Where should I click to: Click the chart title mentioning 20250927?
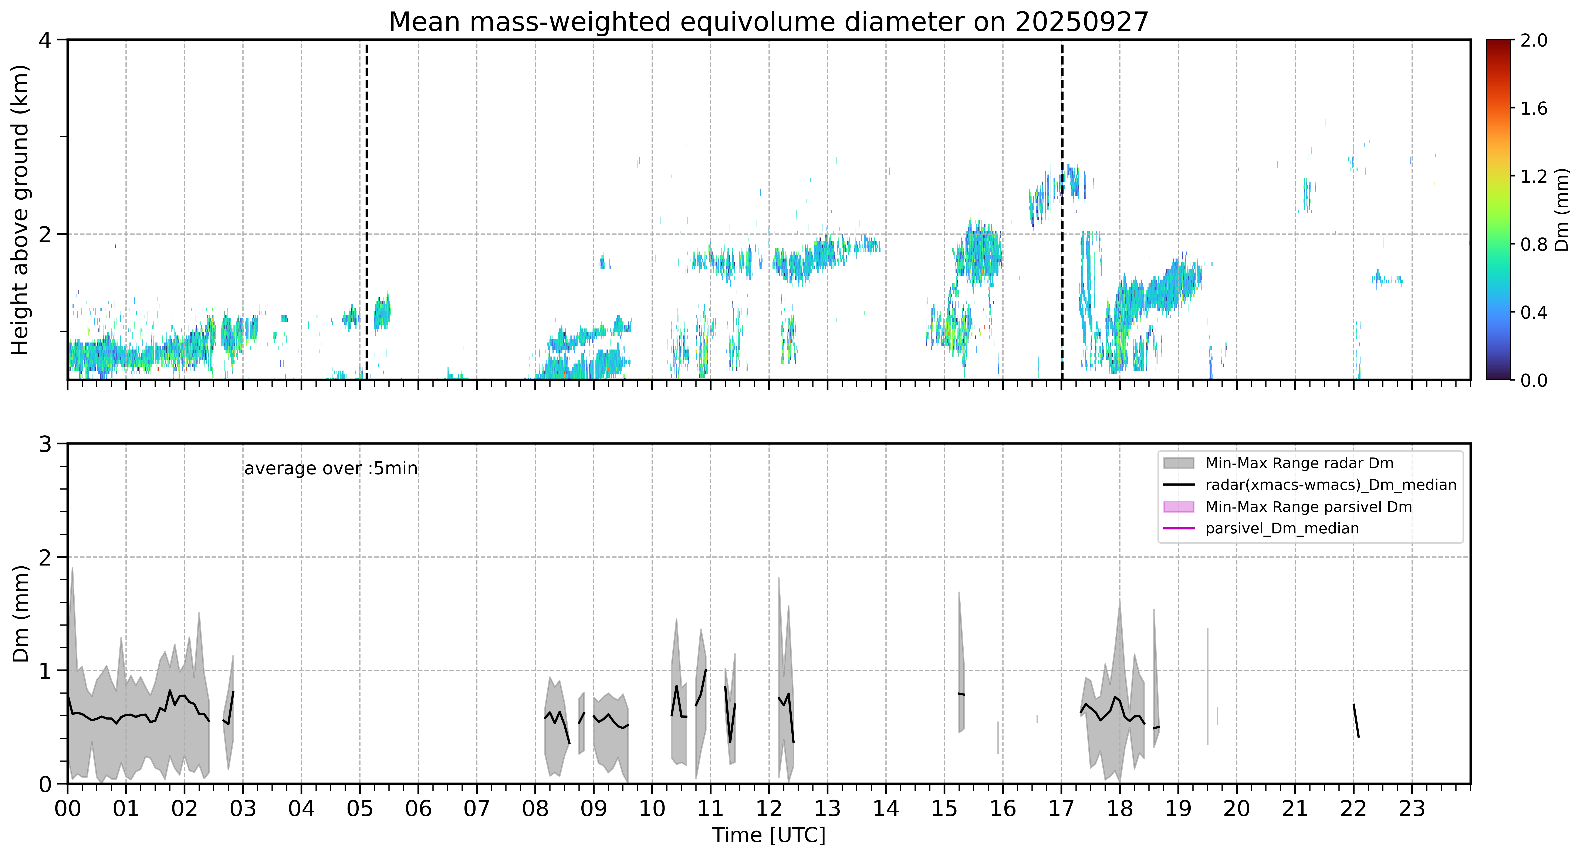[x=768, y=22]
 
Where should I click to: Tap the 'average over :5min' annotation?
[x=330, y=469]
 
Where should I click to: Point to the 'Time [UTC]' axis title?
[x=768, y=836]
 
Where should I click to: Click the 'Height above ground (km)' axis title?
[x=20, y=209]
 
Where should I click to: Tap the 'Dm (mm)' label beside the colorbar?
[x=1563, y=209]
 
